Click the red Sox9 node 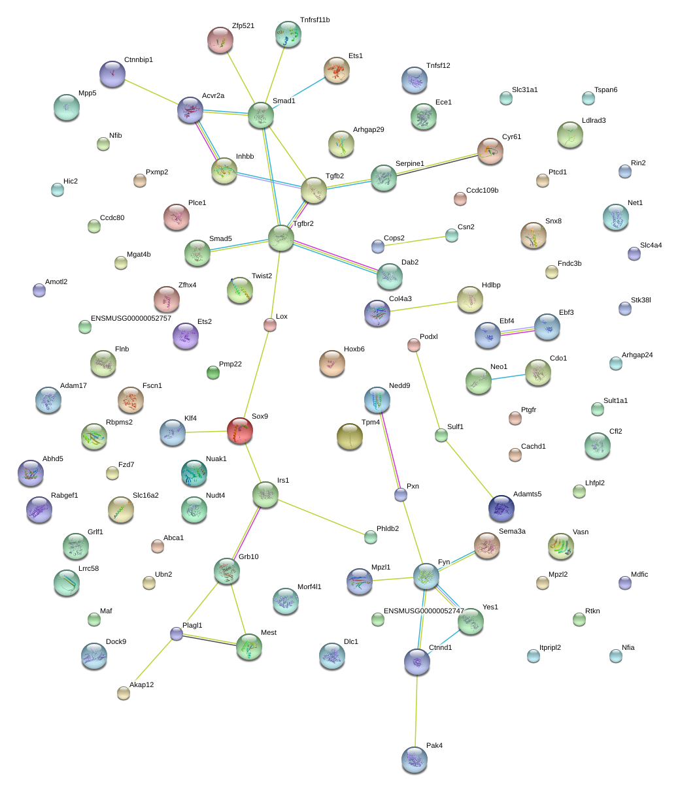click(x=240, y=430)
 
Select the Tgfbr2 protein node click(x=281, y=237)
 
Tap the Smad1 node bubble click(x=260, y=115)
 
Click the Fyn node click(x=426, y=575)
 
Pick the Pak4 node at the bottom click(x=414, y=759)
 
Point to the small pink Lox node click(x=270, y=325)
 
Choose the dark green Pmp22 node click(x=213, y=373)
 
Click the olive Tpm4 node click(x=349, y=437)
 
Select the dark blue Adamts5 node click(x=501, y=508)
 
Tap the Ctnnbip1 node click(x=112, y=74)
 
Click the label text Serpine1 click(x=409, y=163)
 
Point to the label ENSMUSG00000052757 click(x=131, y=318)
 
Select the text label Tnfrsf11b click(x=314, y=20)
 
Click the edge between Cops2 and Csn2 click(x=415, y=240)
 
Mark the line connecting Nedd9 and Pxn click(x=389, y=447)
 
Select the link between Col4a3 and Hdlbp click(x=423, y=306)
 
